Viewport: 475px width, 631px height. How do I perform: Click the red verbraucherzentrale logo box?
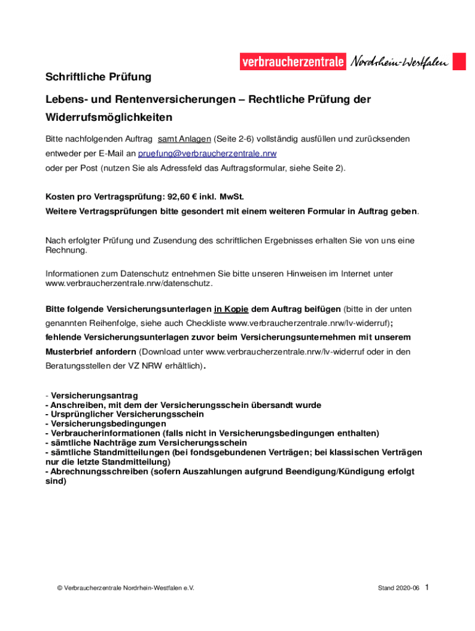(293, 62)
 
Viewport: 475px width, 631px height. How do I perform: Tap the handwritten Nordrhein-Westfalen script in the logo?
(399, 62)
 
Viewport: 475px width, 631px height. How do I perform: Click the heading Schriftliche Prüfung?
(99, 77)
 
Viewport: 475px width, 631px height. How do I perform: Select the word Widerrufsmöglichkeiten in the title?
(109, 116)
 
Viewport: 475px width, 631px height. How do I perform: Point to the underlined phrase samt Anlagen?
(184, 139)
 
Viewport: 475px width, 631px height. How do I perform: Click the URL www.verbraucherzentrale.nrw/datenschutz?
(129, 283)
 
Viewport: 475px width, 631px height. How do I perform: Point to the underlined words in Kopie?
(231, 309)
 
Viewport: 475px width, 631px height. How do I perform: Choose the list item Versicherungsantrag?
(94, 395)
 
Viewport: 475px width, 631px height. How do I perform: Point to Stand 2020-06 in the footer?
(399, 588)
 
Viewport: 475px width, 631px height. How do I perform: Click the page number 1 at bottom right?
(426, 587)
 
